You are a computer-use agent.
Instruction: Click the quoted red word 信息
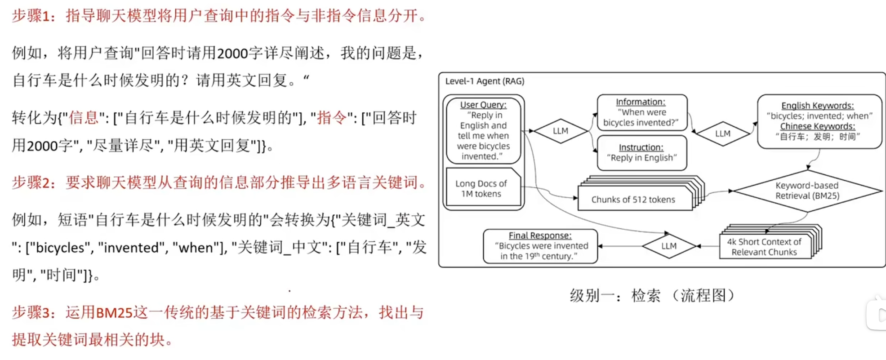pyautogui.click(x=83, y=118)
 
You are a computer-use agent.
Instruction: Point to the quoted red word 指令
pyautogui.click(x=332, y=118)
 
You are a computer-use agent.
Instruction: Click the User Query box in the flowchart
pyautogui.click(x=483, y=130)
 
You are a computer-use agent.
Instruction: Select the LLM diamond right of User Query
pyautogui.click(x=560, y=131)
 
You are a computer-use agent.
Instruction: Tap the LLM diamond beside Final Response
pyautogui.click(x=668, y=246)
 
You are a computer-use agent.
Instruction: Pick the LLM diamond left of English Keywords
pyautogui.click(x=722, y=133)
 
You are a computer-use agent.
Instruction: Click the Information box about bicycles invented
pyautogui.click(x=641, y=112)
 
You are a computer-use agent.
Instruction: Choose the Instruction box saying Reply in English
pyautogui.click(x=641, y=153)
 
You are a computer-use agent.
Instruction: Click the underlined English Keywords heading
pyautogui.click(x=817, y=106)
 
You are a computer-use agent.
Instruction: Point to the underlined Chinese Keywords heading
pyautogui.click(x=817, y=126)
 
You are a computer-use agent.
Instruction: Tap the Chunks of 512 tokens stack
pyautogui.click(x=634, y=199)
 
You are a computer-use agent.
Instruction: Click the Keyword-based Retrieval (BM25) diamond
pyautogui.click(x=807, y=191)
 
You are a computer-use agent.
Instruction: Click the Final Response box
pyautogui.click(x=540, y=246)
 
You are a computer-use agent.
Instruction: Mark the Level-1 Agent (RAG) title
pyautogui.click(x=485, y=81)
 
